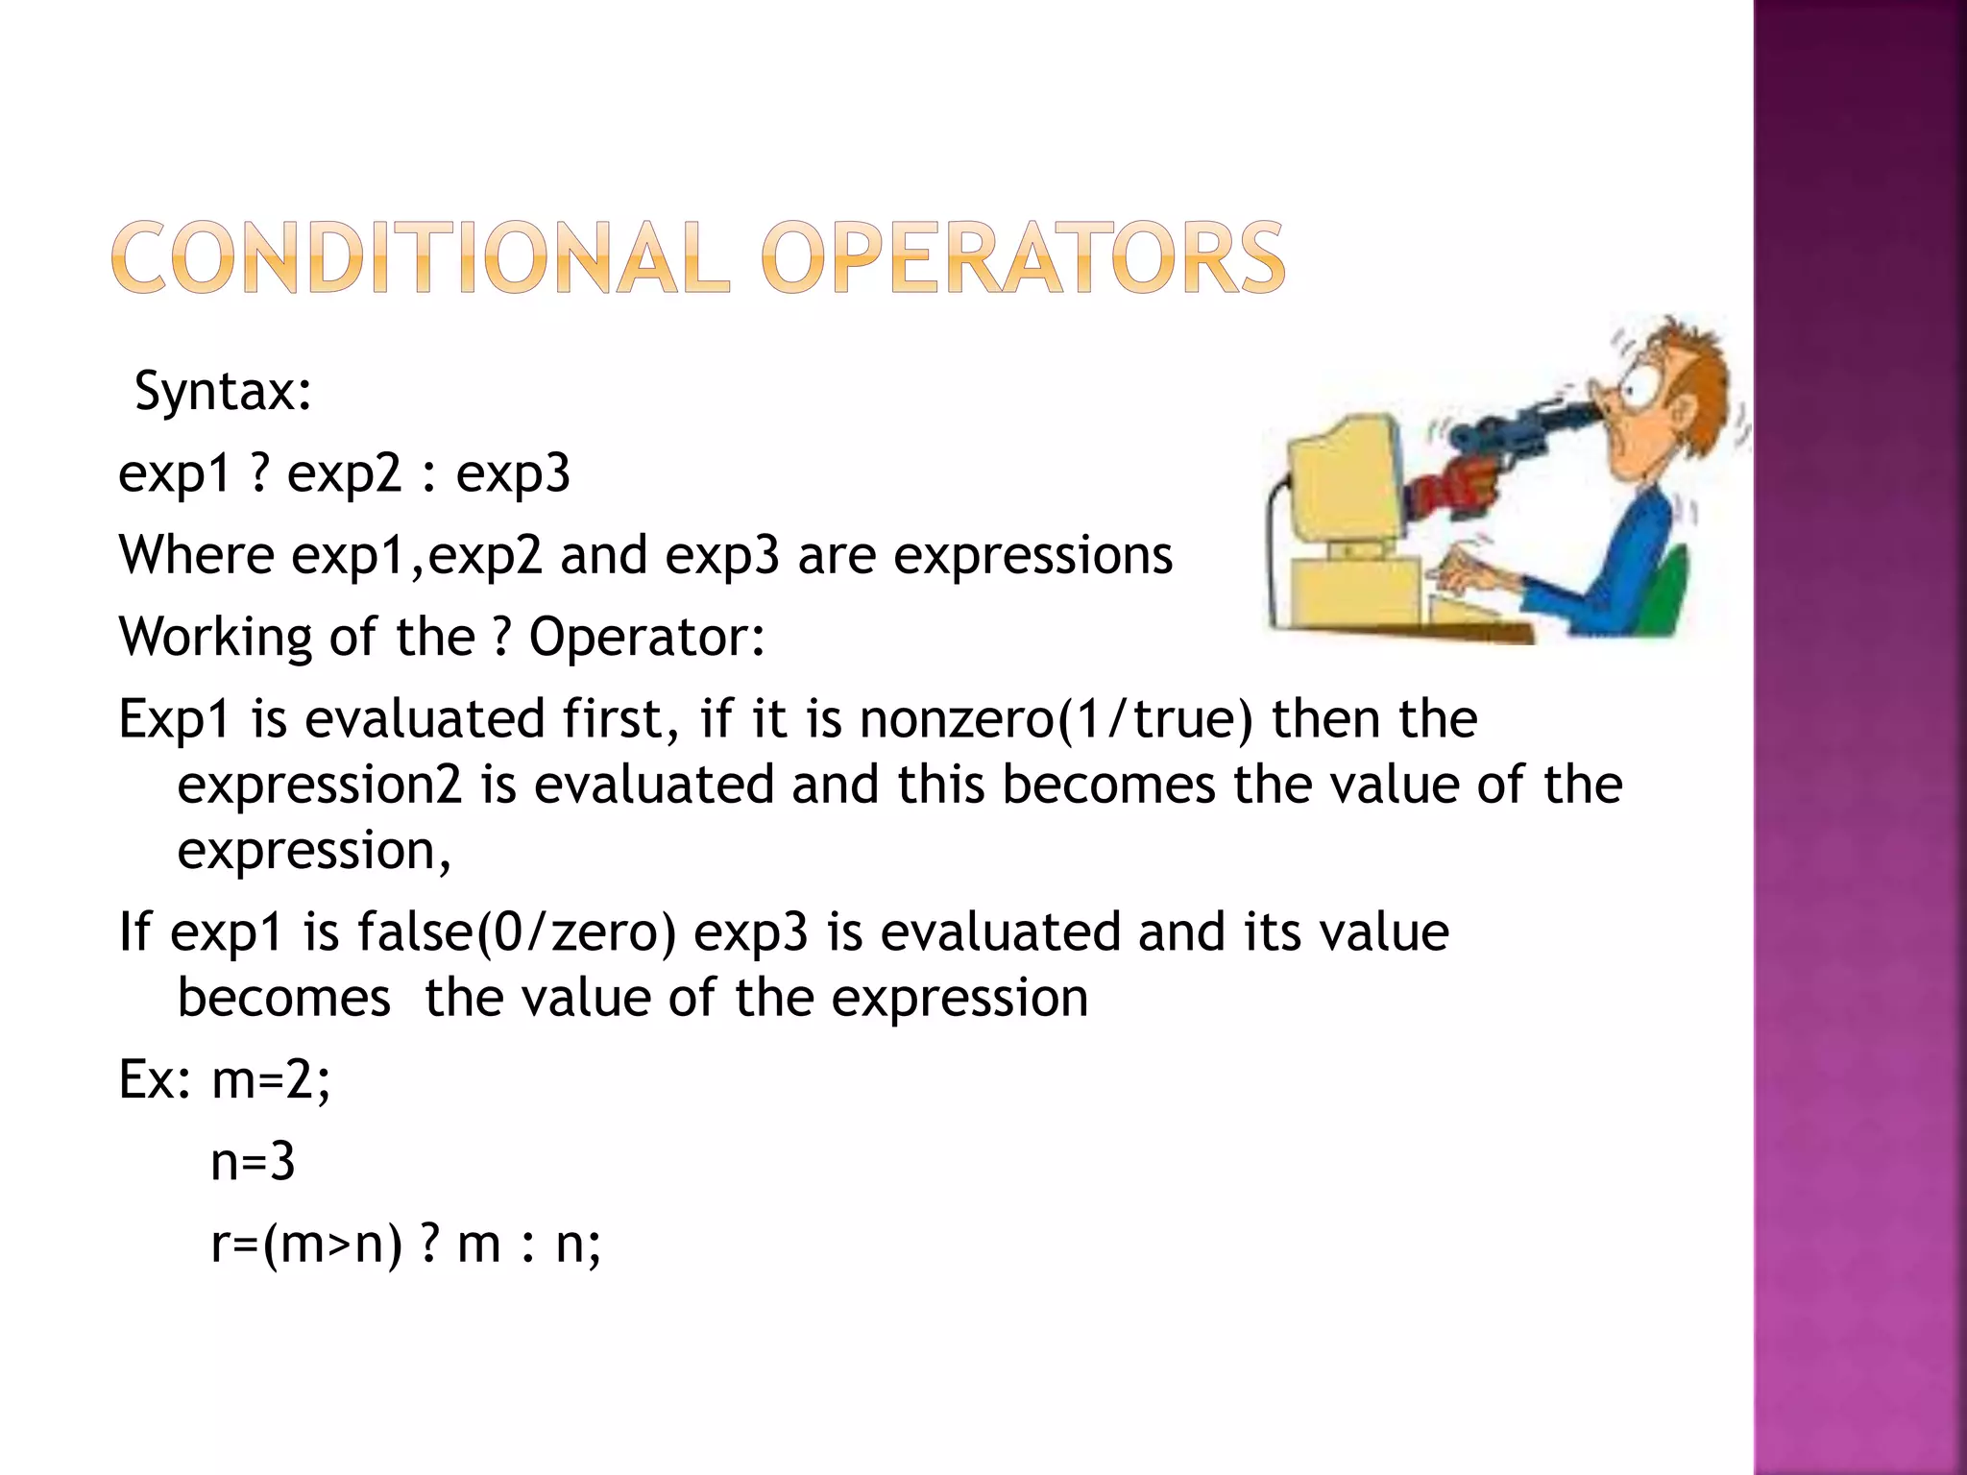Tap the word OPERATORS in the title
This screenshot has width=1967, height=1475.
point(1022,257)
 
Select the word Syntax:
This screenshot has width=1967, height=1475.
point(223,392)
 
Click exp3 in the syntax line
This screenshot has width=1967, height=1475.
point(513,473)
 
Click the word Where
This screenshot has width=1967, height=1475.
point(196,555)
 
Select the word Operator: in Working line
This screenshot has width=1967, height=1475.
point(647,637)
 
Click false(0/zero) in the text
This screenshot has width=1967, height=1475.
point(517,932)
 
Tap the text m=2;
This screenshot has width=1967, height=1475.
point(271,1080)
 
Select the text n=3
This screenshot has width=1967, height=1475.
point(253,1162)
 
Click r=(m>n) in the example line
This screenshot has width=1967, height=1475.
point(305,1245)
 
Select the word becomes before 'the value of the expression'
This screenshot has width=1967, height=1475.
point(284,998)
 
